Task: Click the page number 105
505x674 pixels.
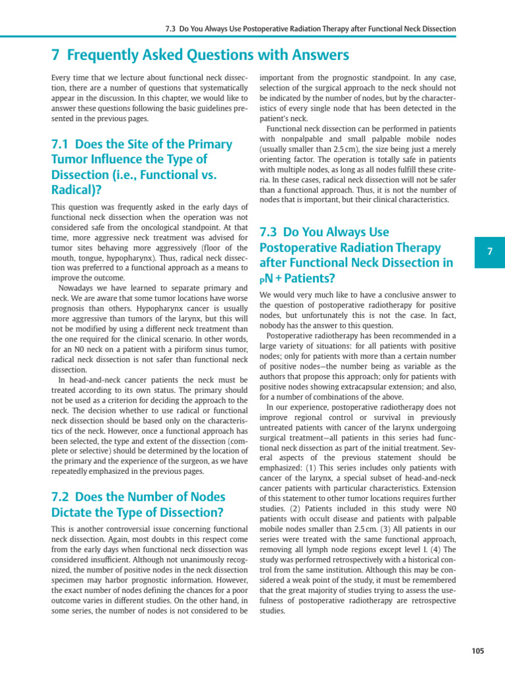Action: click(x=477, y=651)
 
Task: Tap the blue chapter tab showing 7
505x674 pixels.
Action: click(x=489, y=252)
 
